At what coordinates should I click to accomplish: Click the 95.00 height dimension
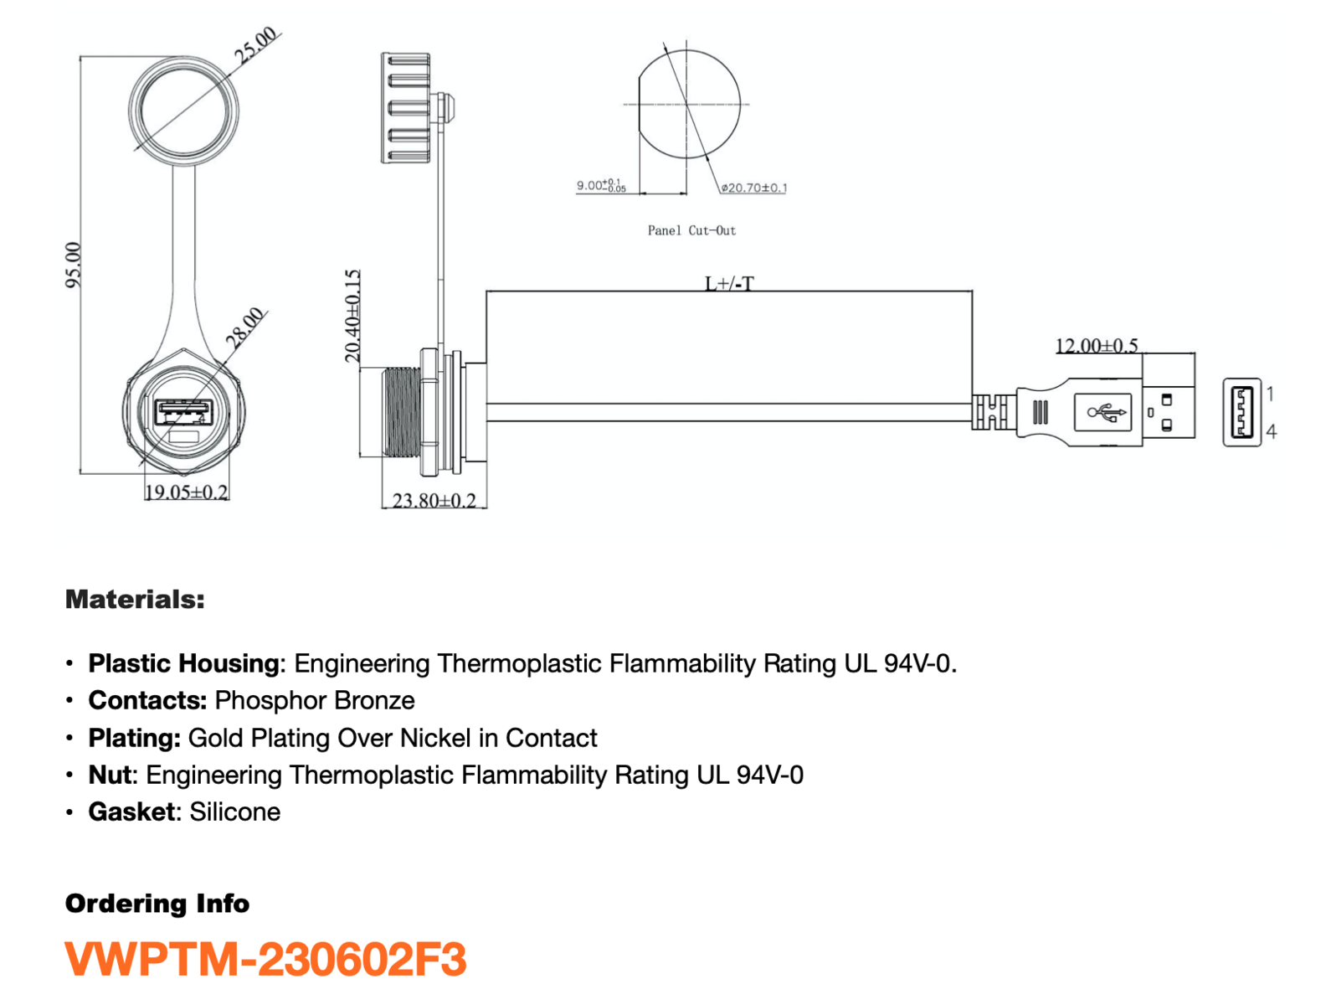tap(73, 265)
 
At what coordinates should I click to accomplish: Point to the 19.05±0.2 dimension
tap(187, 492)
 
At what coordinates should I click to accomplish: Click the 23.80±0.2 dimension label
tap(434, 500)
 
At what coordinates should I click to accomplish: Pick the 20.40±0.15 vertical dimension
tap(352, 316)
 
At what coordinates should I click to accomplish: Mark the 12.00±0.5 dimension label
tap(1097, 346)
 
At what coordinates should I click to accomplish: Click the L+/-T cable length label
tap(730, 283)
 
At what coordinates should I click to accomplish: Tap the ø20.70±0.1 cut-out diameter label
tap(753, 188)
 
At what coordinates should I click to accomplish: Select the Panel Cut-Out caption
tap(691, 230)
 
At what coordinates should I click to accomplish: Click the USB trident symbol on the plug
tap(1107, 413)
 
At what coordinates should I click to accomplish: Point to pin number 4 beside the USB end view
tap(1271, 431)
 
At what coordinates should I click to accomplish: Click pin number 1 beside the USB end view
tap(1271, 394)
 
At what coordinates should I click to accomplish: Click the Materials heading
tap(135, 600)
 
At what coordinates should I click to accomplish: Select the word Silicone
tap(235, 812)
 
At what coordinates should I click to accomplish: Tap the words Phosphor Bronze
tap(315, 700)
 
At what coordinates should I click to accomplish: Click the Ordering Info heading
tap(157, 904)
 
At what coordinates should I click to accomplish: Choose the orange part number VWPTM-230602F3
tap(265, 959)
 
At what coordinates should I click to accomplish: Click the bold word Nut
tap(110, 775)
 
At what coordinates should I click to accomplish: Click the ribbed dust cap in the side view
tap(405, 108)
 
